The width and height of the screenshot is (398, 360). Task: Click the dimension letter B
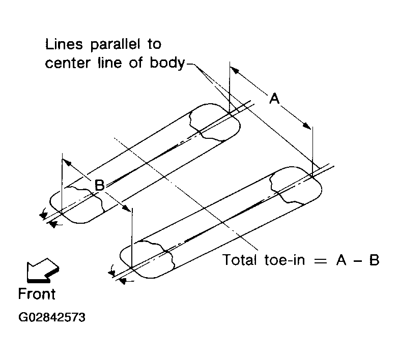point(100,186)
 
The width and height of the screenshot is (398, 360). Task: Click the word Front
point(37,294)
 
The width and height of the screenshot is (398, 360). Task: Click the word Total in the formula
point(242,260)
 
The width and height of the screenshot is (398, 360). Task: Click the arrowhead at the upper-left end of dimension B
point(65,162)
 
